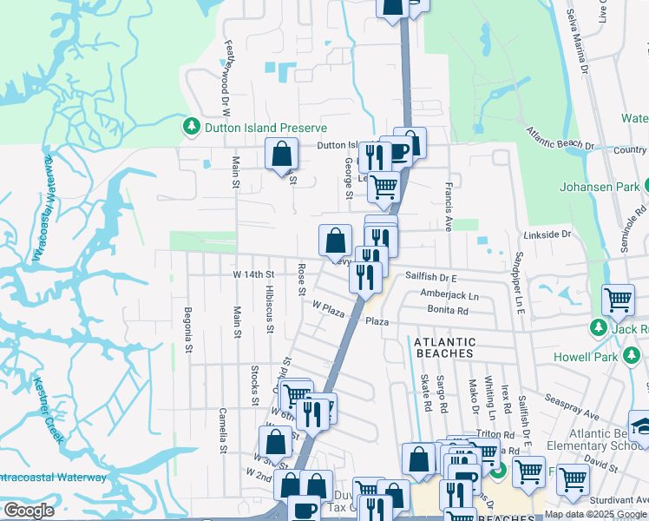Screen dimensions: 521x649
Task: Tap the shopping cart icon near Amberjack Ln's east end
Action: pyautogui.click(x=618, y=300)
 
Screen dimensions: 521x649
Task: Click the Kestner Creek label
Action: pyautogui.click(x=49, y=407)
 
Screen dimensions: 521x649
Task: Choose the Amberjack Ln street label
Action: pyautogui.click(x=449, y=295)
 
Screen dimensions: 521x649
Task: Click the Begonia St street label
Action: pyautogui.click(x=187, y=329)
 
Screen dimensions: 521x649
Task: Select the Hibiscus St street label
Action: pyautogui.click(x=270, y=309)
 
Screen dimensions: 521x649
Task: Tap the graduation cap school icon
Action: pyautogui.click(x=642, y=425)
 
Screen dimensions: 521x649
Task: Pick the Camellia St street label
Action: pyautogui.click(x=223, y=431)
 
